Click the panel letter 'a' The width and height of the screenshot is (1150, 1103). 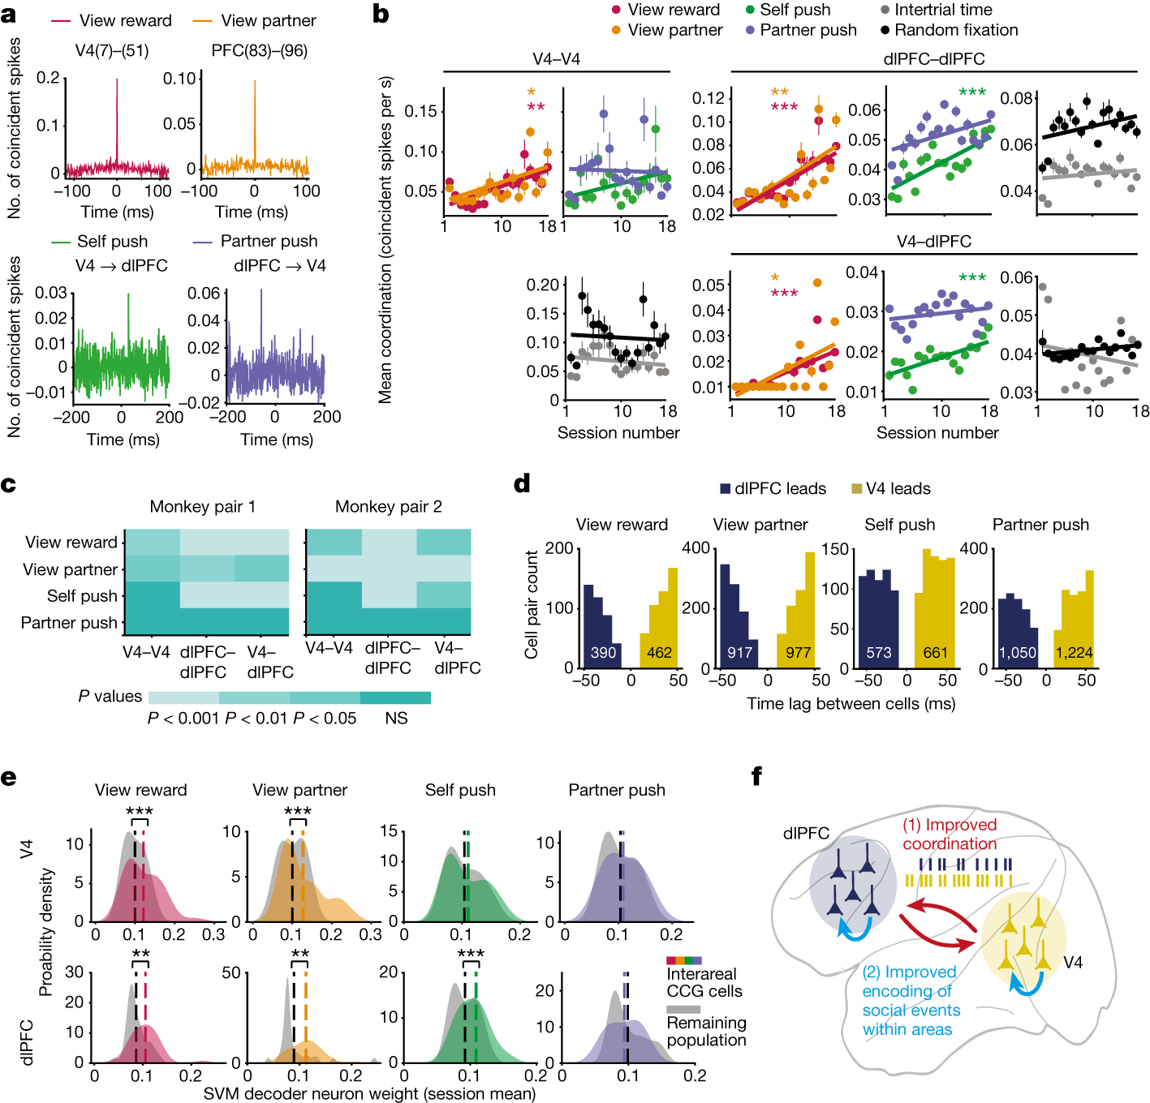[x=10, y=14]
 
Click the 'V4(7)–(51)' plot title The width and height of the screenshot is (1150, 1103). [x=112, y=50]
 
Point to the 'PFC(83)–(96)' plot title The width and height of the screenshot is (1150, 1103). [x=259, y=50]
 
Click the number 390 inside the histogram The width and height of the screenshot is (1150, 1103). [x=603, y=652]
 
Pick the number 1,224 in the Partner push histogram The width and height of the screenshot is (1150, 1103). [x=1074, y=652]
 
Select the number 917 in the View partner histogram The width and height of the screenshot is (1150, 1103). [x=740, y=652]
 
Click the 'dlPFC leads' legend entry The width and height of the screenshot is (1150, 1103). [x=773, y=488]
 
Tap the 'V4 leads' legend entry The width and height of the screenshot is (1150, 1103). [x=890, y=488]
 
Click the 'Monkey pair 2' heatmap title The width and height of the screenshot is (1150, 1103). [x=388, y=507]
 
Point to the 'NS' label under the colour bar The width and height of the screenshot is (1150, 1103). [x=396, y=719]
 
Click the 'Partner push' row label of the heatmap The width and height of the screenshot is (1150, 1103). [x=69, y=623]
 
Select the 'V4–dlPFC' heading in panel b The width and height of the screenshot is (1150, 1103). [x=933, y=242]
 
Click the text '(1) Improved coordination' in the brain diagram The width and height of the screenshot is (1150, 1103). [x=950, y=834]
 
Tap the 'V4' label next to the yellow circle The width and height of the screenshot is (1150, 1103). [x=1073, y=962]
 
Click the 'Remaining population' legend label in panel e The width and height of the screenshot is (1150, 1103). [x=706, y=1032]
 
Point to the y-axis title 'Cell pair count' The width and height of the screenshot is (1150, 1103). [x=532, y=604]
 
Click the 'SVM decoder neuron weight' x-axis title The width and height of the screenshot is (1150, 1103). [x=369, y=1093]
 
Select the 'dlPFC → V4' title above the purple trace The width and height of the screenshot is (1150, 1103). [x=280, y=265]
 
